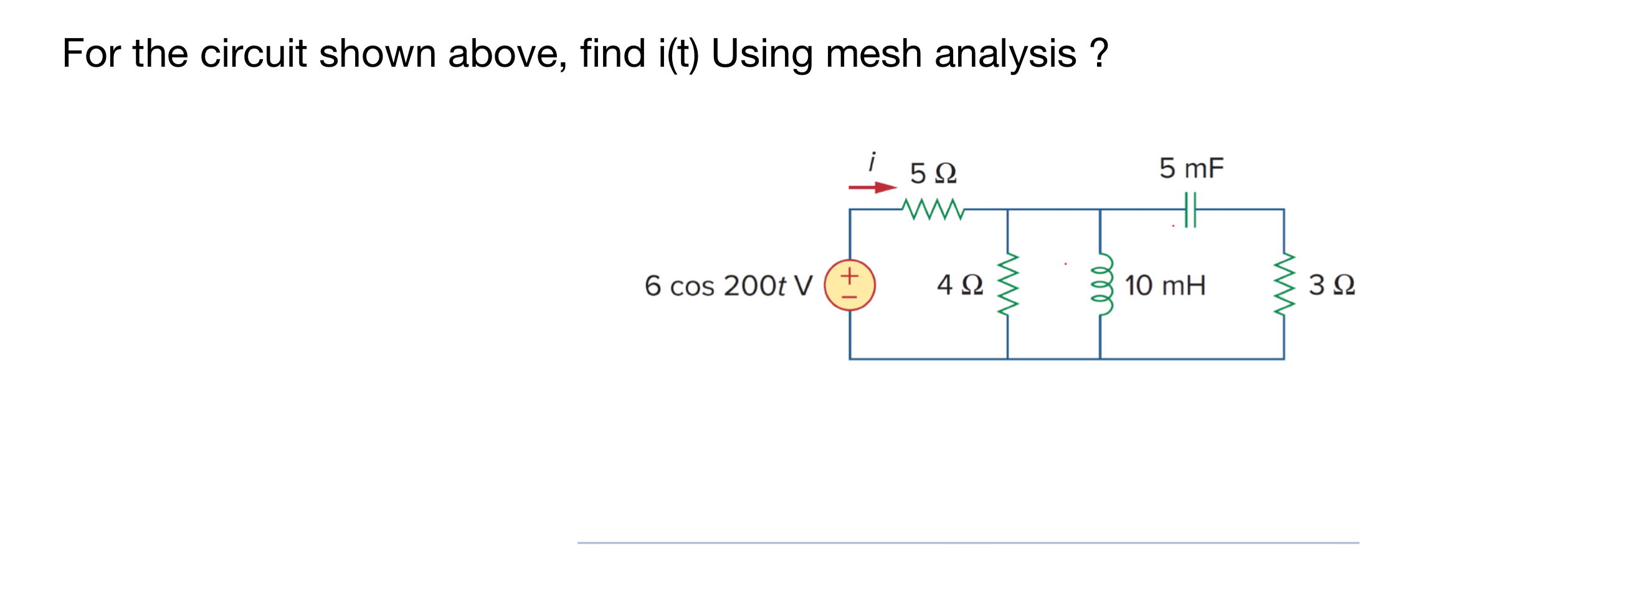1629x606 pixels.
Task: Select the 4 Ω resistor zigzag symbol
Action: (1007, 285)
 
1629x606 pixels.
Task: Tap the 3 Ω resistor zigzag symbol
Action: (1284, 285)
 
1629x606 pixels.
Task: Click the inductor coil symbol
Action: (1100, 285)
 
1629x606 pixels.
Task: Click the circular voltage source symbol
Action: (849, 285)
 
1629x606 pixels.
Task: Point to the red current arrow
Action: (873, 187)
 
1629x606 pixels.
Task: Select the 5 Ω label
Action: (933, 173)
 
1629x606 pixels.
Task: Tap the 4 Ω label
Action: (960, 285)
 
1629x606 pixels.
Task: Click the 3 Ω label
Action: (1332, 285)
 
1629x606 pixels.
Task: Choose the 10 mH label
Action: (1165, 286)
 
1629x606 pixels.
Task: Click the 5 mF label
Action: (1192, 168)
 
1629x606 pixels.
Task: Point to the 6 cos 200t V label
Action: (728, 286)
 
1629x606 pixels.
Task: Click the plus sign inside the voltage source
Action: (849, 275)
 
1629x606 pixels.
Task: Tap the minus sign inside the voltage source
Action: (849, 296)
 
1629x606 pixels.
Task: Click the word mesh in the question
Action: (873, 54)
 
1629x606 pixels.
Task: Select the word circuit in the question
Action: (253, 54)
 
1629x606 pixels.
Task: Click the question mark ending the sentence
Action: (1099, 54)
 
